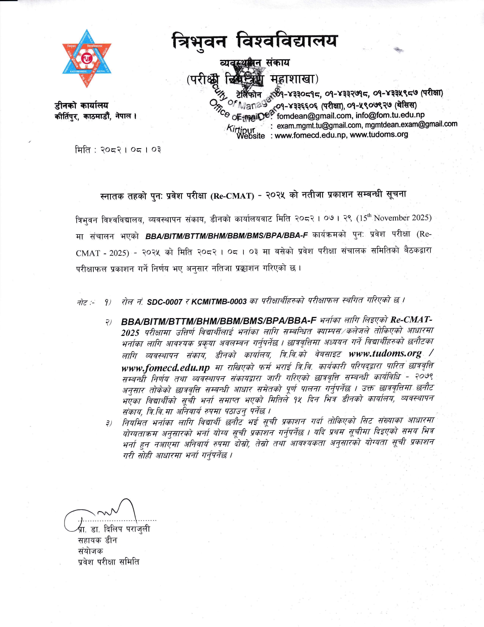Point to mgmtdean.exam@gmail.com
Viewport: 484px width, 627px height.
coord(411,124)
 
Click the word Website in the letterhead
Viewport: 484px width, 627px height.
coord(251,136)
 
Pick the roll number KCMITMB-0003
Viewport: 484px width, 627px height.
coord(219,302)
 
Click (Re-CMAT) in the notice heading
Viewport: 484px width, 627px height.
coord(232,196)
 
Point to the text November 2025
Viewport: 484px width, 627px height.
coord(405,218)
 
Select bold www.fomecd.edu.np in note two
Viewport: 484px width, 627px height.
coord(166,368)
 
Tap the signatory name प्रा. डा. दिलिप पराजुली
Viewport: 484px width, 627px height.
coord(114,529)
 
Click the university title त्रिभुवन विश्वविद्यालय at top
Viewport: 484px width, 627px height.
coord(254,41)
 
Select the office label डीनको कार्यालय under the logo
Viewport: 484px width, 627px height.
coord(81,105)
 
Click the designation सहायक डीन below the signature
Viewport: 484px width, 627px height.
coord(97,540)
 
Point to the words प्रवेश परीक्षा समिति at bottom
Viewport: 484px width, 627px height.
coord(109,562)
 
